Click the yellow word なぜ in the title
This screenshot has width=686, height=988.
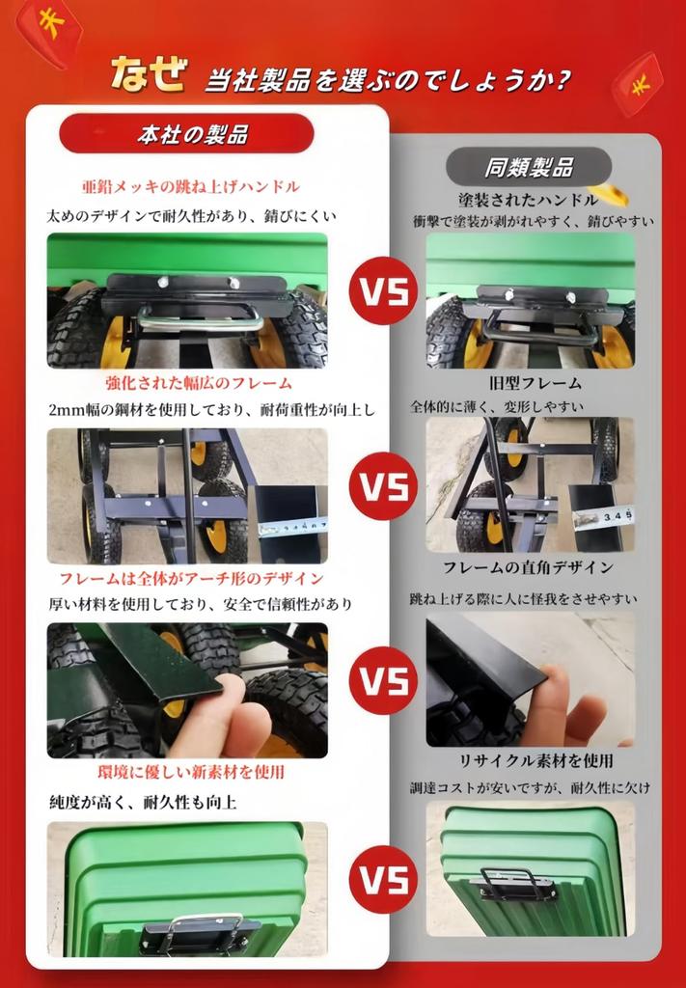point(150,74)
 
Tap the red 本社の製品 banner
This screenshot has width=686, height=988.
point(186,133)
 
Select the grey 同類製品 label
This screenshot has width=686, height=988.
point(529,167)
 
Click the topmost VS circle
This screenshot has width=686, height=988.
point(384,290)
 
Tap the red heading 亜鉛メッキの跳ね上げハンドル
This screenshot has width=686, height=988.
point(191,186)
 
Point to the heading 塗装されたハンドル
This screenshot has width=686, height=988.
point(528,200)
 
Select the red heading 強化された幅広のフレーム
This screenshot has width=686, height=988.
point(199,382)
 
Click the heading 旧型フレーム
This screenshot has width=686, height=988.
point(535,382)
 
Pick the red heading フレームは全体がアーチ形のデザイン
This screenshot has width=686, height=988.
point(191,579)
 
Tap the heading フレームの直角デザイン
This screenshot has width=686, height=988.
point(528,567)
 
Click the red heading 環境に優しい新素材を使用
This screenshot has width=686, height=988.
point(191,771)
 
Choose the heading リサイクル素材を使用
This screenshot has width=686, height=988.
point(535,760)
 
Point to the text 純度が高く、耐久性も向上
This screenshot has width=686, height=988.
point(143,802)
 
